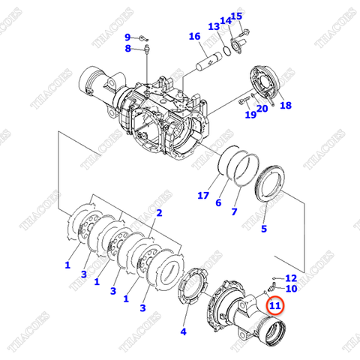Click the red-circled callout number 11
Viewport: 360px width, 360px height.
[274, 305]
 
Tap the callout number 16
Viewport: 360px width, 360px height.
[194, 37]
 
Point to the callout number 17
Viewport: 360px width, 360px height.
[202, 196]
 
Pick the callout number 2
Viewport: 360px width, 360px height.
[158, 213]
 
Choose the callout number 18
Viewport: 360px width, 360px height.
[286, 106]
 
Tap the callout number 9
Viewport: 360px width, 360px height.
[127, 37]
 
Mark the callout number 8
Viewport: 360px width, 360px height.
[128, 49]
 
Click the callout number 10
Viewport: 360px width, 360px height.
[291, 289]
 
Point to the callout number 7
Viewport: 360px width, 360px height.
[234, 212]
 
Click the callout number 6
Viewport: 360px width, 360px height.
[218, 203]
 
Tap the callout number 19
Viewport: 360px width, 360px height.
[250, 114]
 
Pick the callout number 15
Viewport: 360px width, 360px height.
[236, 16]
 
